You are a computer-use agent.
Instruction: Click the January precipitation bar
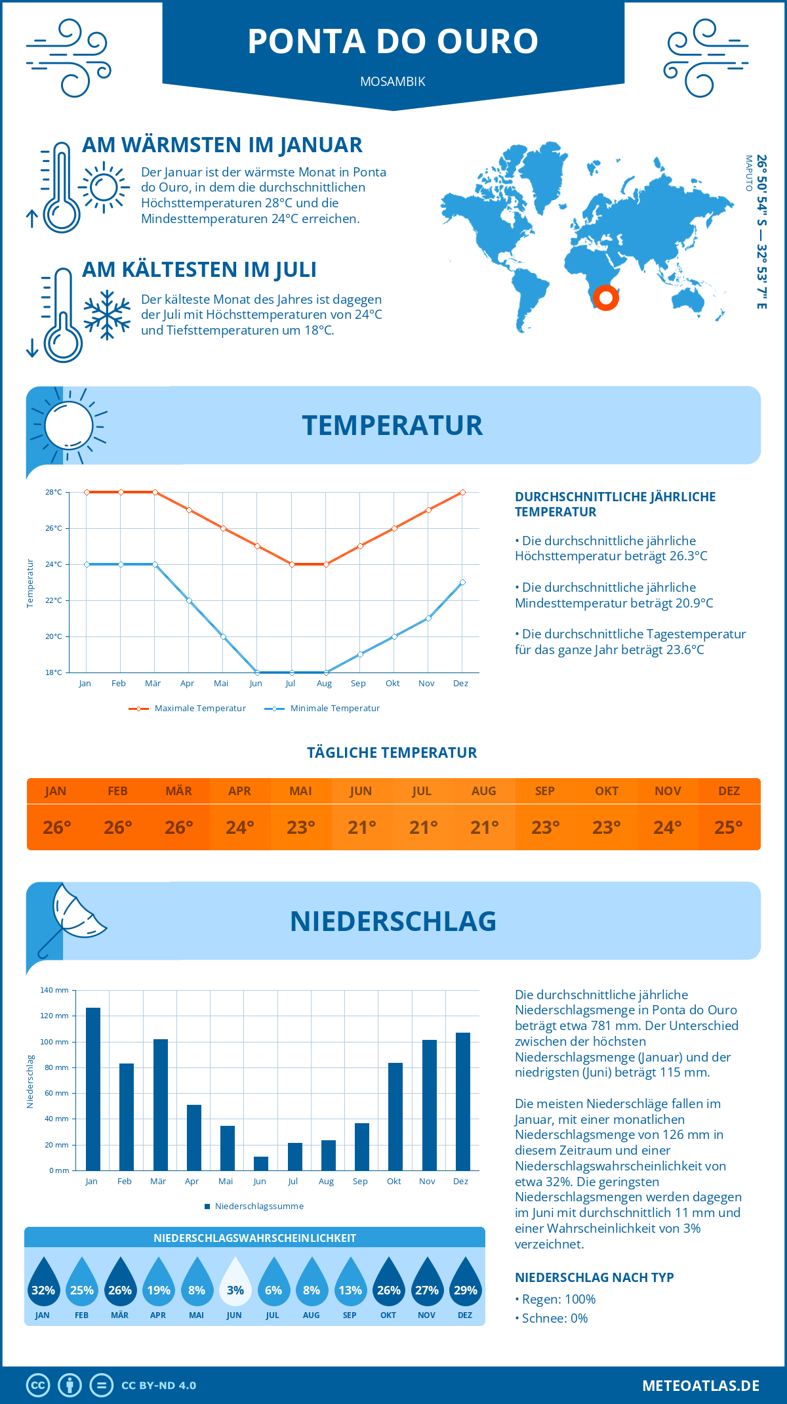[93, 1089]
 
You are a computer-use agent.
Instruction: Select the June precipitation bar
[261, 1163]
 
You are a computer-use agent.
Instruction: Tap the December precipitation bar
[463, 1102]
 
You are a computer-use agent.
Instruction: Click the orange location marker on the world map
[606, 298]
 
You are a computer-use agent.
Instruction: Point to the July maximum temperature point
[292, 564]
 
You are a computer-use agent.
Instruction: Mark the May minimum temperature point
[223, 636]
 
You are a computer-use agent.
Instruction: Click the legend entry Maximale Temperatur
[188, 709]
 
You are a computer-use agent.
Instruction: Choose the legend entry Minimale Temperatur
[323, 709]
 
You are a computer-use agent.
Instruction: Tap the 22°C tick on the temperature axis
[54, 600]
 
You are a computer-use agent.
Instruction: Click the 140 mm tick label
[54, 990]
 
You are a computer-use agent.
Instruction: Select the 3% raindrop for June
[235, 1283]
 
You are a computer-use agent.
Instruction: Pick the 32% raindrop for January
[43, 1283]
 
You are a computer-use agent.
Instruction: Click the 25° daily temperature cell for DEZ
[729, 827]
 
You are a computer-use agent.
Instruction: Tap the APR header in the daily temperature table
[239, 791]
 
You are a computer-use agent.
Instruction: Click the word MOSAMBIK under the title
[393, 81]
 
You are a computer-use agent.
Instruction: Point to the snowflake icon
[107, 315]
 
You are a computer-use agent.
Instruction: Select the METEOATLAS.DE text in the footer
[700, 1386]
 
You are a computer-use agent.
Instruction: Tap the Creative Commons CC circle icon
[38, 1386]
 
